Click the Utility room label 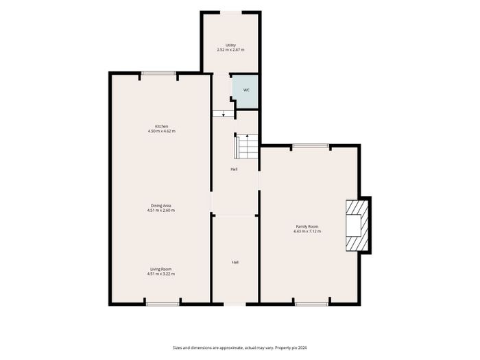pyautogui.click(x=230, y=45)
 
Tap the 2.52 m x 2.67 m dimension pyautogui.click(x=230, y=49)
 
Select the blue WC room pyautogui.click(x=245, y=91)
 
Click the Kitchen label pyautogui.click(x=162, y=126)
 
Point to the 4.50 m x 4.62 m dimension pyautogui.click(x=162, y=131)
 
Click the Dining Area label pyautogui.click(x=161, y=206)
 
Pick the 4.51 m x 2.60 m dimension pyautogui.click(x=161, y=211)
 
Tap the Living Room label pyautogui.click(x=161, y=269)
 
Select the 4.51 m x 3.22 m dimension pyautogui.click(x=161, y=274)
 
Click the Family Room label pyautogui.click(x=307, y=226)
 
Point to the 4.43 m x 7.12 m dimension pyautogui.click(x=307, y=232)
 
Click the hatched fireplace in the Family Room pyautogui.click(x=357, y=226)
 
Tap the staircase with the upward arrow pyautogui.click(x=246, y=146)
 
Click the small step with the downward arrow pyautogui.click(x=224, y=114)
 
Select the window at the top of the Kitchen pyautogui.click(x=158, y=73)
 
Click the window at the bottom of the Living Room pyautogui.click(x=163, y=304)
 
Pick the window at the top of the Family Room pyautogui.click(x=311, y=145)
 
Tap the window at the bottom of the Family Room pyautogui.click(x=311, y=304)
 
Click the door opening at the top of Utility pyautogui.click(x=231, y=12)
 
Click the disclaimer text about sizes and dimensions pyautogui.click(x=240, y=348)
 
